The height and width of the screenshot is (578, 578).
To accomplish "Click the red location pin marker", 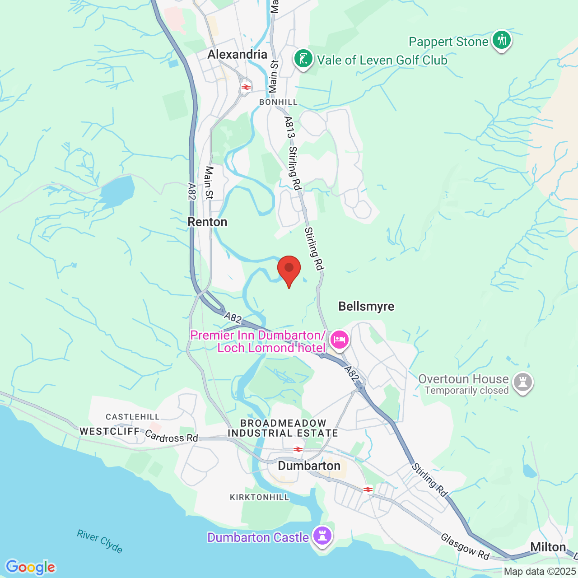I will pyautogui.click(x=289, y=269).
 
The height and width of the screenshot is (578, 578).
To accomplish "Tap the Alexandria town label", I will pyautogui.click(x=237, y=55).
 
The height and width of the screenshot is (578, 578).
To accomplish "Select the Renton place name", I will pyautogui.click(x=207, y=222).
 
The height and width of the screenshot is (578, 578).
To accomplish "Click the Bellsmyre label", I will pyautogui.click(x=366, y=307).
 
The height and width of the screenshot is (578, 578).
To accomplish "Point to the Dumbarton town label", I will pyautogui.click(x=309, y=466).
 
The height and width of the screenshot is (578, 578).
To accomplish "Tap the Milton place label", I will pyautogui.click(x=548, y=547).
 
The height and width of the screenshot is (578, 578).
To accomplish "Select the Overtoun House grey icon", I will pyautogui.click(x=523, y=382).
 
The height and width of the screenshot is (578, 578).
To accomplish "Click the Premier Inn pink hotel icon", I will pyautogui.click(x=339, y=339).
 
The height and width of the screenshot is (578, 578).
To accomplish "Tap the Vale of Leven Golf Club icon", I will pyautogui.click(x=303, y=59).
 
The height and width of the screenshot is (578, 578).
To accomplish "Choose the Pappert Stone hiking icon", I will pyautogui.click(x=501, y=40).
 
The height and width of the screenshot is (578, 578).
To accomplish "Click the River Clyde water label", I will pyautogui.click(x=100, y=541).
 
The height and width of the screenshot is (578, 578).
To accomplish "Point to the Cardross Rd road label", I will pyautogui.click(x=172, y=437).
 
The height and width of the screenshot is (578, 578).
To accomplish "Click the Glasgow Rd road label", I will pyautogui.click(x=465, y=546).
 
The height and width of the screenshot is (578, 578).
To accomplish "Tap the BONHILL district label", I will pyautogui.click(x=279, y=103).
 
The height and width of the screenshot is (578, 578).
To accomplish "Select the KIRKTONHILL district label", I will pyautogui.click(x=259, y=497).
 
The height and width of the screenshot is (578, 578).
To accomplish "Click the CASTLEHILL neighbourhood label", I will pyautogui.click(x=133, y=417).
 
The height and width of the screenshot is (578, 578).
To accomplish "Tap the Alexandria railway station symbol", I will pyautogui.click(x=246, y=87).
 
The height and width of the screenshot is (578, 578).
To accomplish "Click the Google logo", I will pyautogui.click(x=31, y=567).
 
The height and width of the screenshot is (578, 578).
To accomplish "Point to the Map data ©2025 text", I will pyautogui.click(x=540, y=572).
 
